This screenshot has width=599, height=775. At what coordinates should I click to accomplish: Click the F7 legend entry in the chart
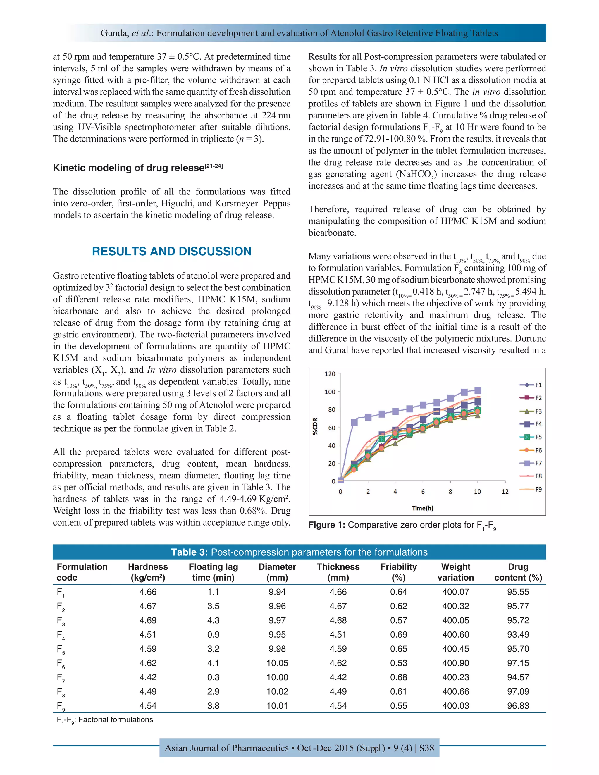coord(531,463)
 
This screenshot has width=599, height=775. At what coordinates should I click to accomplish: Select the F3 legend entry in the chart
coord(531,411)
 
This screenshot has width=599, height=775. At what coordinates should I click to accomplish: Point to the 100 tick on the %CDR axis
coord(330,392)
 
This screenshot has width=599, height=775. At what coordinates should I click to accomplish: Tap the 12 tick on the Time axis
coord(505,492)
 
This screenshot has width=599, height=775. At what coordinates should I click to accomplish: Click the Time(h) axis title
coord(423,508)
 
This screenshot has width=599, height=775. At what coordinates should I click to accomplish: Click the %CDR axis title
coord(315,427)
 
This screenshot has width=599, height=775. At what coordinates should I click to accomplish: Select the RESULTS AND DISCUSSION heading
coord(171,251)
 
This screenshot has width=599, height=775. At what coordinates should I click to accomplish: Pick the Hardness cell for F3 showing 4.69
coord(148,620)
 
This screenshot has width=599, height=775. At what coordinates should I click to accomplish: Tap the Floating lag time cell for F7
coord(213,677)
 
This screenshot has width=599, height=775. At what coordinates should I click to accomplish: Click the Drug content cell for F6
coord(518,663)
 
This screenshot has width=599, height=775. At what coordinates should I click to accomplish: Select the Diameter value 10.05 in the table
coord(277,663)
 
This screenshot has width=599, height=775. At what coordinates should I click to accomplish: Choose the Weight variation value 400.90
coord(455,663)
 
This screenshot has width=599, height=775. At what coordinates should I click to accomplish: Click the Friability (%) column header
coord(399,572)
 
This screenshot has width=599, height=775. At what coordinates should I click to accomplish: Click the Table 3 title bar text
coord(299,552)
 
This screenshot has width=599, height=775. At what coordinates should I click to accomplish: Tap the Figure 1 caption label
coord(326,525)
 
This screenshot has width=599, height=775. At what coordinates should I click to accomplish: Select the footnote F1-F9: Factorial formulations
coord(105,720)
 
